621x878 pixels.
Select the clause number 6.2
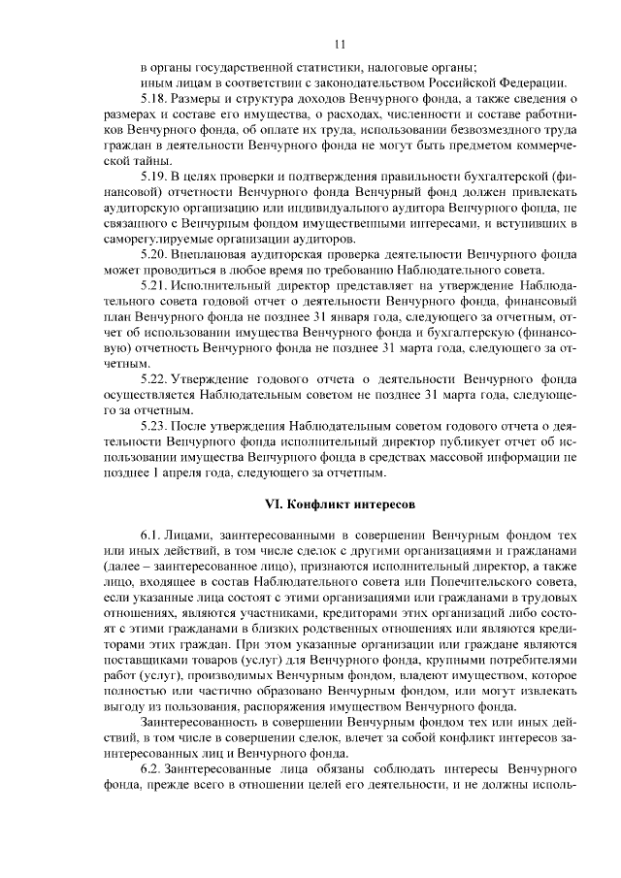pos(152,766)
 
